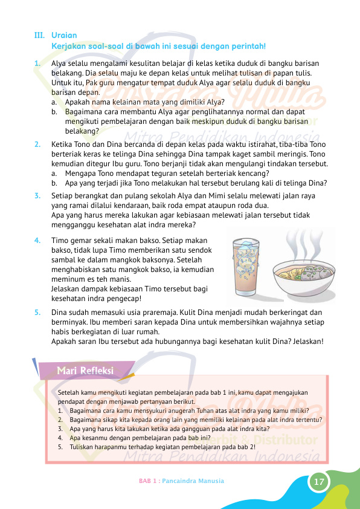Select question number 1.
[37, 63]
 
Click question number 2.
[37, 144]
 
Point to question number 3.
[37, 195]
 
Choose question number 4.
[37, 240]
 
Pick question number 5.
[37, 313]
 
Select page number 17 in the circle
[318, 482]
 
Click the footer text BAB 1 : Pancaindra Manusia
[181, 481]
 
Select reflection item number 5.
[60, 447]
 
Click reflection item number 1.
[60, 410]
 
